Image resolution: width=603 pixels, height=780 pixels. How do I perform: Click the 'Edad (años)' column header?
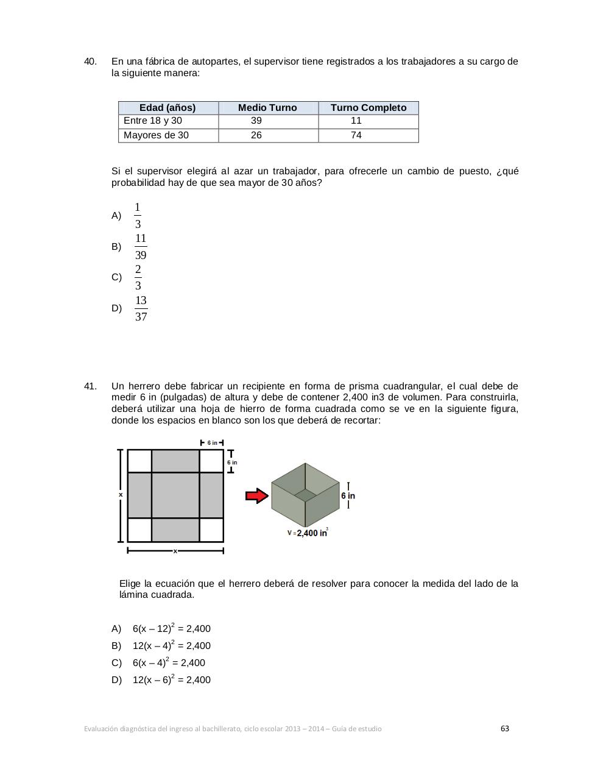pos(167,108)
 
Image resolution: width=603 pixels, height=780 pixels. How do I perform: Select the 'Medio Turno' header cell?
pos(267,108)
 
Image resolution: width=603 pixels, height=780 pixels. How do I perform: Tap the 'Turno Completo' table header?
pos(368,108)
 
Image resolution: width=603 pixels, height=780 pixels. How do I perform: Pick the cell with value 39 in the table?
pos(256,121)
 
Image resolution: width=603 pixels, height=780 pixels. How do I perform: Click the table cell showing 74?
pos(356,135)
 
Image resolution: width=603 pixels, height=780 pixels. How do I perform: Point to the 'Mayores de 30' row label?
pos(156,135)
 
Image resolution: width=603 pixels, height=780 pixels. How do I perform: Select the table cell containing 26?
pos(256,135)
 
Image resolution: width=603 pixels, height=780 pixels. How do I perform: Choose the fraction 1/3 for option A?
pos(138,216)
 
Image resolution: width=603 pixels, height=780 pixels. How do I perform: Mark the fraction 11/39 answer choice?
pos(141,247)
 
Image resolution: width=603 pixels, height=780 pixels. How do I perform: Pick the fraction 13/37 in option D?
pos(141,308)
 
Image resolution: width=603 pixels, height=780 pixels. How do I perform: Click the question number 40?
pos(90,62)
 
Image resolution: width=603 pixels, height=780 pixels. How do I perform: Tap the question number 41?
pos(90,386)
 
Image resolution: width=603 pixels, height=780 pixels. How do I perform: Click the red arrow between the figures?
pos(257,496)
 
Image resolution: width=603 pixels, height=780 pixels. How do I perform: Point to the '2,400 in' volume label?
pos(311,533)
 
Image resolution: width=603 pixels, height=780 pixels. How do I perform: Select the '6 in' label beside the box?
pos(348,496)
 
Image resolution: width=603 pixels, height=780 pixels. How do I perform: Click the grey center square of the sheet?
pos(175,495)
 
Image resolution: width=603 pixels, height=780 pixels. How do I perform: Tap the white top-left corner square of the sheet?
pos(139,461)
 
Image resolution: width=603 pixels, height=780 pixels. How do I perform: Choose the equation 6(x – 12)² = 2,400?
pos(172,629)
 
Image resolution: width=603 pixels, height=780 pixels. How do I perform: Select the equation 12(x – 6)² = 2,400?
pos(172,680)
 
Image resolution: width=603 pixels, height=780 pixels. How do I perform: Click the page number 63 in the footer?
pos(505,729)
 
